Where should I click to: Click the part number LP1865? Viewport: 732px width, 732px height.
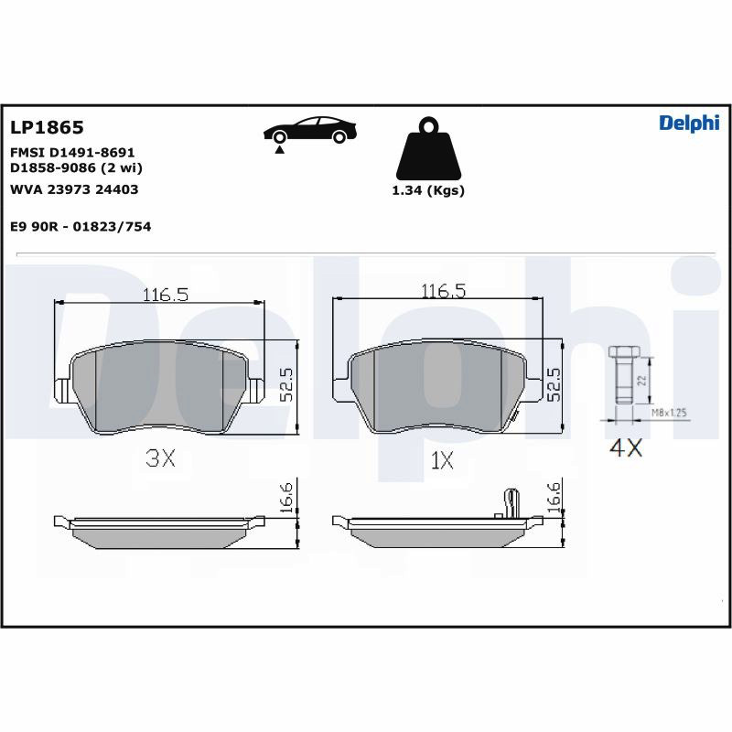coord(47,127)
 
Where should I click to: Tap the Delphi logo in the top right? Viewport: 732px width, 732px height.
coord(689,124)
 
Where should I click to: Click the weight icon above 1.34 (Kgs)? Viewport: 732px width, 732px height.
coord(428,149)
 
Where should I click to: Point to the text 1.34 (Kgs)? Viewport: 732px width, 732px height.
coord(428,190)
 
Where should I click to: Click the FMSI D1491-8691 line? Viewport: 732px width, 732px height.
coord(72,152)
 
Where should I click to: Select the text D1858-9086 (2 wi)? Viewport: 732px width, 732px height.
coord(76,167)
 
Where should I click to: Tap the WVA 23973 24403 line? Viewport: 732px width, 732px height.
coord(74,189)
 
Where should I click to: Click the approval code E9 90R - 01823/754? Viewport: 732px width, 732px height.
coord(81,226)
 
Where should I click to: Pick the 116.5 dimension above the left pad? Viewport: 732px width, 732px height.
coord(166,295)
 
